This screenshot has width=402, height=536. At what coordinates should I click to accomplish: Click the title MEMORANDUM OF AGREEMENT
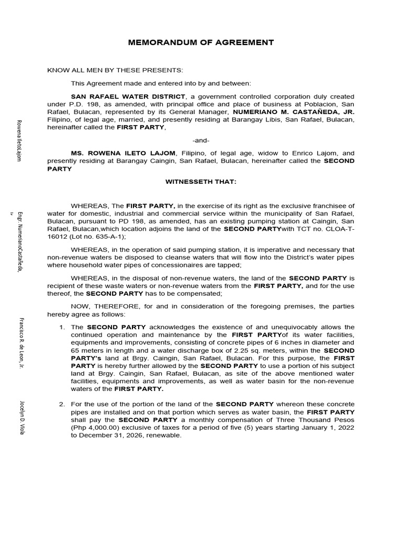point(201,42)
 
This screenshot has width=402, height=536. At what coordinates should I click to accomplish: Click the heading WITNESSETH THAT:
point(201,181)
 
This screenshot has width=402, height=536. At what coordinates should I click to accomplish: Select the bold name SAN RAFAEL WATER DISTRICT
point(128,97)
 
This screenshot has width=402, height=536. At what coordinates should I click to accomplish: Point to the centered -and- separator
point(201,140)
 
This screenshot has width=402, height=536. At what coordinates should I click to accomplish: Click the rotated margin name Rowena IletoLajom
point(20,140)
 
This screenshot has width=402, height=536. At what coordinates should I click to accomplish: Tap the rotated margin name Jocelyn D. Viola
point(21,417)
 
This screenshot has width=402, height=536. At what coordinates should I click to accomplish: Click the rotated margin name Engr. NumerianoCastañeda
point(20,241)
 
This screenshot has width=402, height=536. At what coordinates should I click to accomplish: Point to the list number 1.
point(62,327)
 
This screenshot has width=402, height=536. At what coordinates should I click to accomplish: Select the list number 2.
point(62,405)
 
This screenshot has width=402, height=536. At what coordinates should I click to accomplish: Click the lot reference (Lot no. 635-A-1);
point(99,237)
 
